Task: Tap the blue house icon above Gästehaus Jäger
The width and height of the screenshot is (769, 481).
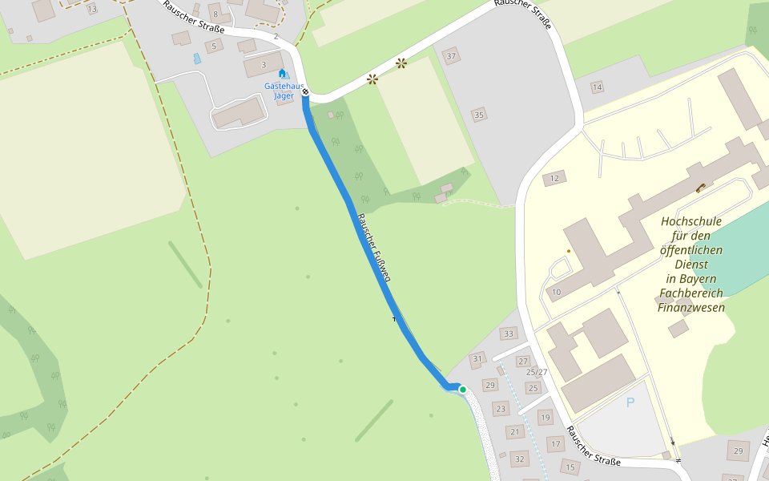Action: point(282,74)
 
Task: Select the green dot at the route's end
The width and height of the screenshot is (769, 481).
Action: point(462,389)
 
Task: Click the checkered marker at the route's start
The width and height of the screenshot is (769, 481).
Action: point(305,92)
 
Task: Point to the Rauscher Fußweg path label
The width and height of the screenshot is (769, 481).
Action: point(373,248)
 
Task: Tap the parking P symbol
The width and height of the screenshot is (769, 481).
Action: point(630,403)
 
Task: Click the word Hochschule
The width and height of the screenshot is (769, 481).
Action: point(691,221)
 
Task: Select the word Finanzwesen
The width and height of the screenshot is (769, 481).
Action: point(691,307)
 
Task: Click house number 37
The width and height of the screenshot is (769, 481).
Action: point(452,56)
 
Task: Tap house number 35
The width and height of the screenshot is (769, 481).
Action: point(479,115)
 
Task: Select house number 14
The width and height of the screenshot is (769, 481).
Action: point(597,87)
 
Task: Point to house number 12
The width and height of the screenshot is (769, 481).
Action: point(554,178)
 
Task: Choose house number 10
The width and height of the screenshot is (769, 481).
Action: point(556,292)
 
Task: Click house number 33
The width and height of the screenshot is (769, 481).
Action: point(508,333)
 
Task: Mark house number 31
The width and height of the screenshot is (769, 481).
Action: point(478,358)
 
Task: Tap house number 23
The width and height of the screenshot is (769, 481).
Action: point(501,410)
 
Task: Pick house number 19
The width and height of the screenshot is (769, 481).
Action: point(546,417)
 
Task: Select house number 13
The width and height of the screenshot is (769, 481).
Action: point(92,9)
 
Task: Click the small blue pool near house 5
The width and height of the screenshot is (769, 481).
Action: point(197,59)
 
